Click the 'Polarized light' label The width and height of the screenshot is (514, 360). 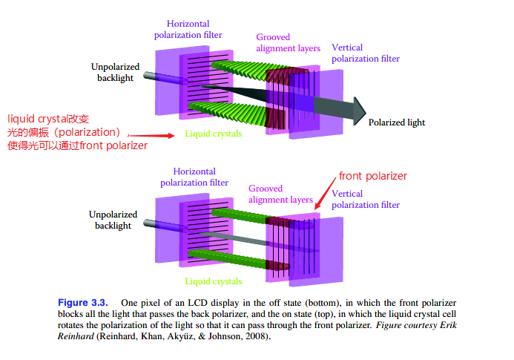(397, 122)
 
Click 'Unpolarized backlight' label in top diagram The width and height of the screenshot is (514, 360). (116, 72)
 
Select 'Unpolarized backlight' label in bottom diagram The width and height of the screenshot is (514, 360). (113, 220)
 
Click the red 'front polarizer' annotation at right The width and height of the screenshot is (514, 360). (373, 176)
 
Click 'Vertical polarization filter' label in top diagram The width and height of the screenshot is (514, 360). (365, 53)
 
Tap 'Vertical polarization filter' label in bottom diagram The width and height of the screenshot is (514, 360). (365, 200)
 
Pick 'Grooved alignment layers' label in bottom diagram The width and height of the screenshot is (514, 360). (280, 194)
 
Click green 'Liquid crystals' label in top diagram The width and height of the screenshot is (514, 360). (213, 134)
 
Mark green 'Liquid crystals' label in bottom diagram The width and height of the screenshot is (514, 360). (213, 281)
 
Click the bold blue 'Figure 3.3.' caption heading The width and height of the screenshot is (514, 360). (82, 303)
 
